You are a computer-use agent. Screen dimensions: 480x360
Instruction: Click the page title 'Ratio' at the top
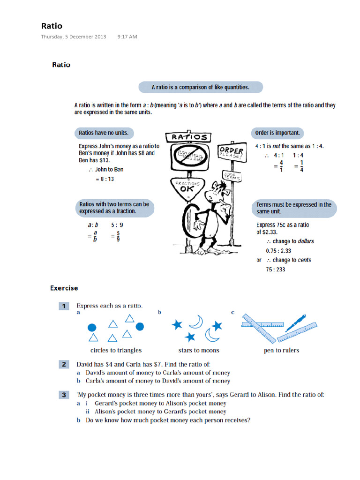pyautogui.click(x=52, y=26)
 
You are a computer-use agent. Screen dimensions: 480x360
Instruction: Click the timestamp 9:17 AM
pyautogui.click(x=127, y=37)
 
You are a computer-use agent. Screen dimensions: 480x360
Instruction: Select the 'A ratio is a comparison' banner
pyautogui.click(x=200, y=87)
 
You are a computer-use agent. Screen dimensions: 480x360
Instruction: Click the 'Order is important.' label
pyautogui.click(x=277, y=133)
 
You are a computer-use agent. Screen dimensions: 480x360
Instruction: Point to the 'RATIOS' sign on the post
pyautogui.click(x=189, y=137)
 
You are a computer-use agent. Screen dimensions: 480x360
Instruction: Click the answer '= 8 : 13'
pyautogui.click(x=105, y=179)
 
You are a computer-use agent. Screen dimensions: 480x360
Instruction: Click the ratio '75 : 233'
pyautogui.click(x=275, y=270)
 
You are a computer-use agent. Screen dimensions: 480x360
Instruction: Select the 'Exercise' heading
pyautogui.click(x=64, y=288)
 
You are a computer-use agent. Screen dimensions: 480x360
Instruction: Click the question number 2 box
pyautogui.click(x=64, y=364)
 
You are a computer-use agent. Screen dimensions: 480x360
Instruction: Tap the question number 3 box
pyautogui.click(x=64, y=395)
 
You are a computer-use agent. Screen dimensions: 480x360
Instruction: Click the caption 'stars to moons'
pyautogui.click(x=198, y=350)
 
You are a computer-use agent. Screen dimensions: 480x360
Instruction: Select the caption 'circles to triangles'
pyautogui.click(x=116, y=350)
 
